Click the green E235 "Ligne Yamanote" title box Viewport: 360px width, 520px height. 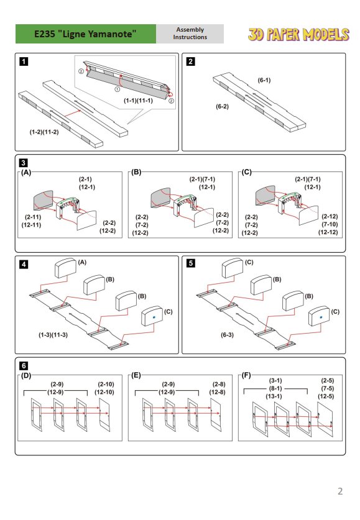click(x=86, y=34)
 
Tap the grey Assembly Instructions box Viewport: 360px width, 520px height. click(x=190, y=34)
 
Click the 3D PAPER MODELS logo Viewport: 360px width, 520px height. click(x=298, y=34)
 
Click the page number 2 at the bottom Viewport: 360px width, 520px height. click(x=339, y=491)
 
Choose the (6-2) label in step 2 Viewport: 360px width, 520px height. click(x=222, y=107)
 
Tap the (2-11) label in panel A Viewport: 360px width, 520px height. click(x=33, y=217)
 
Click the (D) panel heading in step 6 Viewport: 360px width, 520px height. click(x=26, y=376)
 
